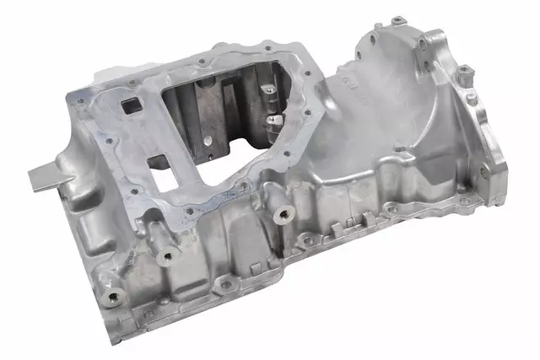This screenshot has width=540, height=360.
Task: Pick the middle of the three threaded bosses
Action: pos(169,255)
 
